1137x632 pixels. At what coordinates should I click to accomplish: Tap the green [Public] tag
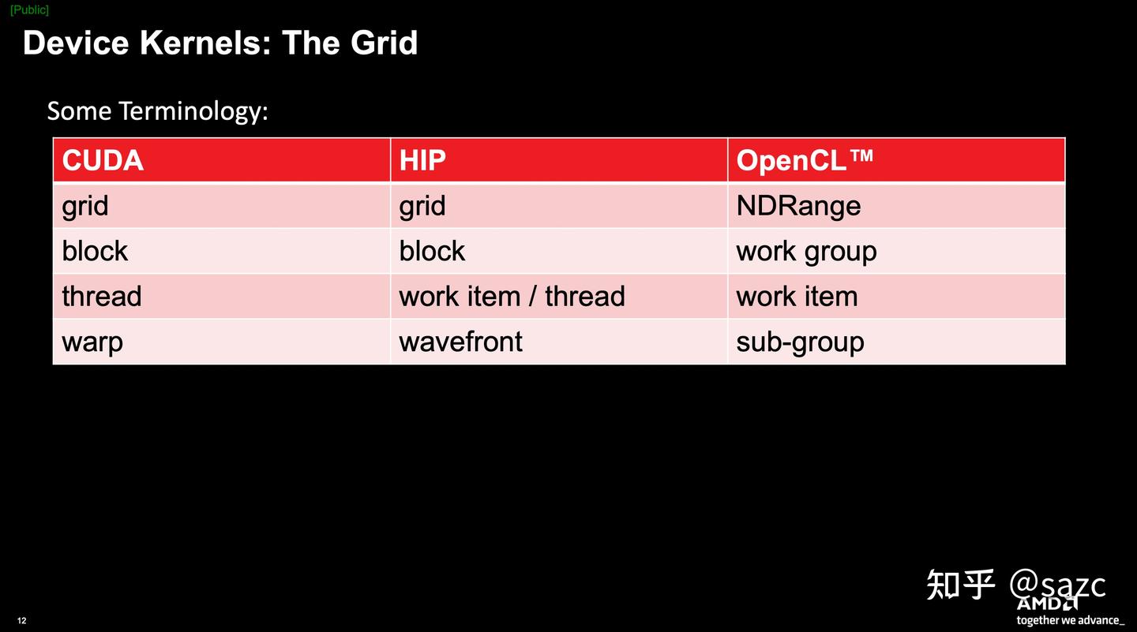pyautogui.click(x=29, y=9)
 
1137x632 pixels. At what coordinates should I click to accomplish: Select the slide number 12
pyautogui.click(x=21, y=621)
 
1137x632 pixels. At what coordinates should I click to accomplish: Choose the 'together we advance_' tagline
pyautogui.click(x=1070, y=620)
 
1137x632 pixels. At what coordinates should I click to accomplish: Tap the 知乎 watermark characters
pyautogui.click(x=960, y=585)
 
